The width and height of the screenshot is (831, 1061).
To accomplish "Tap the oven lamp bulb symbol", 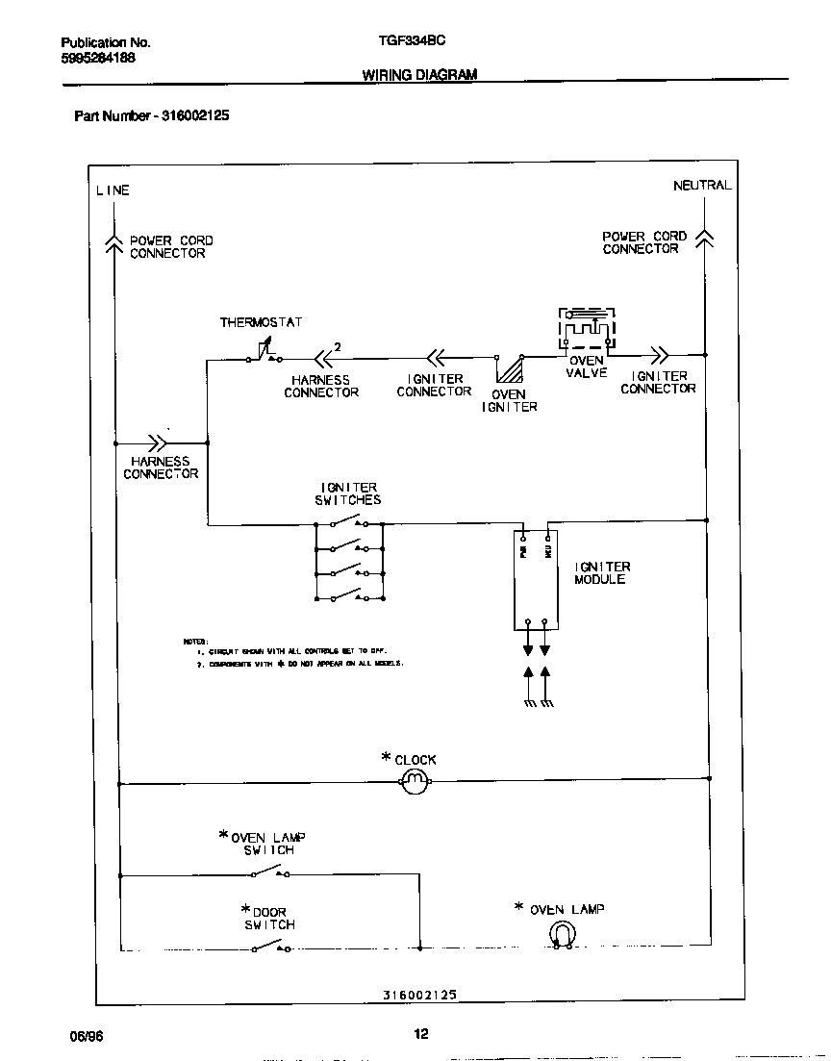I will [x=561, y=933].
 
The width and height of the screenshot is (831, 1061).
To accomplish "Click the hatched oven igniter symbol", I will [x=510, y=370].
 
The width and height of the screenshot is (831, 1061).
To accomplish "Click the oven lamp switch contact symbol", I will [x=270, y=872].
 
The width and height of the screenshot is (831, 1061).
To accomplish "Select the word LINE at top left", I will [x=112, y=190].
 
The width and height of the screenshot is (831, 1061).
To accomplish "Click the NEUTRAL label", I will [x=701, y=186].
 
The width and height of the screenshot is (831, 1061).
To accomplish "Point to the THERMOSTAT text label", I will [x=261, y=322].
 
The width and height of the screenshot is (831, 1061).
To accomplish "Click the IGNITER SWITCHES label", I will [x=347, y=493].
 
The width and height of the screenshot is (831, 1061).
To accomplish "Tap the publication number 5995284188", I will [x=98, y=58].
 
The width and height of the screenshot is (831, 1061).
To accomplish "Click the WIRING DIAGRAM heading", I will [x=418, y=74].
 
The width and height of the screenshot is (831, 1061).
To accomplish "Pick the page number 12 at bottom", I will [x=420, y=1034].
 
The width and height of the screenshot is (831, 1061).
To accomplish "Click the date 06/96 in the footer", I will [x=85, y=1035].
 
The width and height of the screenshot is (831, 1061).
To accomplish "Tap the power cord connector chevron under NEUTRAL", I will [x=704, y=239].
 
